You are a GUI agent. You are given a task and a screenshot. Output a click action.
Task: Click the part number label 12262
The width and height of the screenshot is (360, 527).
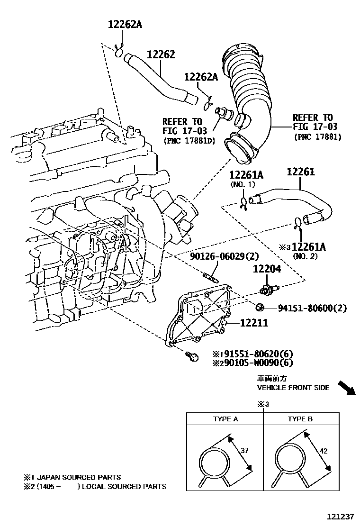click(161, 55)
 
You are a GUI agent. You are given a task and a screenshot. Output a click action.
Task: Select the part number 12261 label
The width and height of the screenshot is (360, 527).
click(300, 172)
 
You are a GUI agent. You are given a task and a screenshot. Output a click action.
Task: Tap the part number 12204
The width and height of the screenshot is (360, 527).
click(267, 269)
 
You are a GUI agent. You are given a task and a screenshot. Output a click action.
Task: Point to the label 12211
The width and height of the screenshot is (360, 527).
click(254, 323)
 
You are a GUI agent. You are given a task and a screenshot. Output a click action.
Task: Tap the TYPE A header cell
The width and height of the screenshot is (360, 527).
click(225, 419)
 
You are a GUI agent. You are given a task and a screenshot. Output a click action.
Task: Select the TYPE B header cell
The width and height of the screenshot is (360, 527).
click(300, 419)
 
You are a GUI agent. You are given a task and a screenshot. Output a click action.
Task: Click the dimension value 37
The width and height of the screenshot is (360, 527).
click(244, 450)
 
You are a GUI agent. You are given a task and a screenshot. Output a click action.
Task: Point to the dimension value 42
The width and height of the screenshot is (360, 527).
click(324, 452)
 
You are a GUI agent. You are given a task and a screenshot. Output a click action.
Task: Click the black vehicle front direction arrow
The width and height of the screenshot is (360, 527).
click(347, 388)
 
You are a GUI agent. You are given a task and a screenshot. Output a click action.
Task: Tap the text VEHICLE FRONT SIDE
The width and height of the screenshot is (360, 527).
click(293, 387)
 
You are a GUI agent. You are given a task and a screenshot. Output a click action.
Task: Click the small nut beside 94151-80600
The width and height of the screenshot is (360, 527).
click(260, 308)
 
